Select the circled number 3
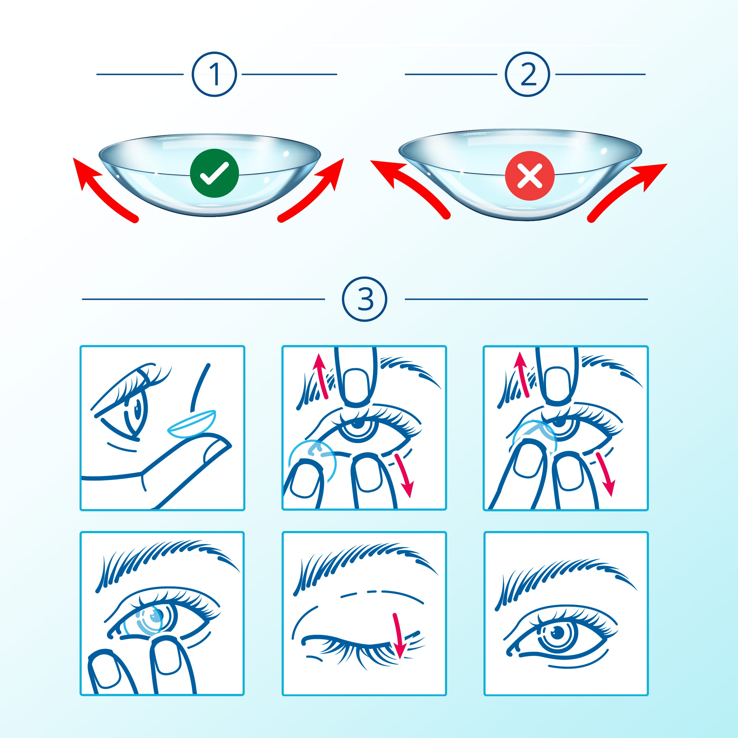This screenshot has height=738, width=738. coord(364,299)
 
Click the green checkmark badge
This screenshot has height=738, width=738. coord(214,173)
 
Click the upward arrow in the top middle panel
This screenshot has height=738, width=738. coord(320,376)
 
